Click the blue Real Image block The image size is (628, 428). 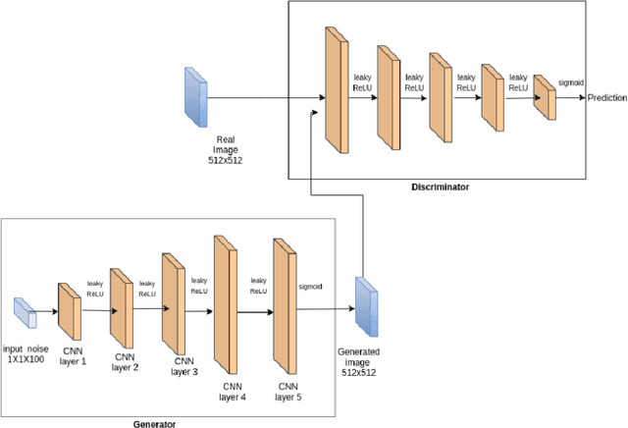[x=196, y=97]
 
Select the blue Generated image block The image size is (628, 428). [x=366, y=304]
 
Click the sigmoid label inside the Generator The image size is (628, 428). [x=310, y=287]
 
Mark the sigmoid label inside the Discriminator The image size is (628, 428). [x=572, y=83]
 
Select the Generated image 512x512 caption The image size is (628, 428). [x=359, y=360]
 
